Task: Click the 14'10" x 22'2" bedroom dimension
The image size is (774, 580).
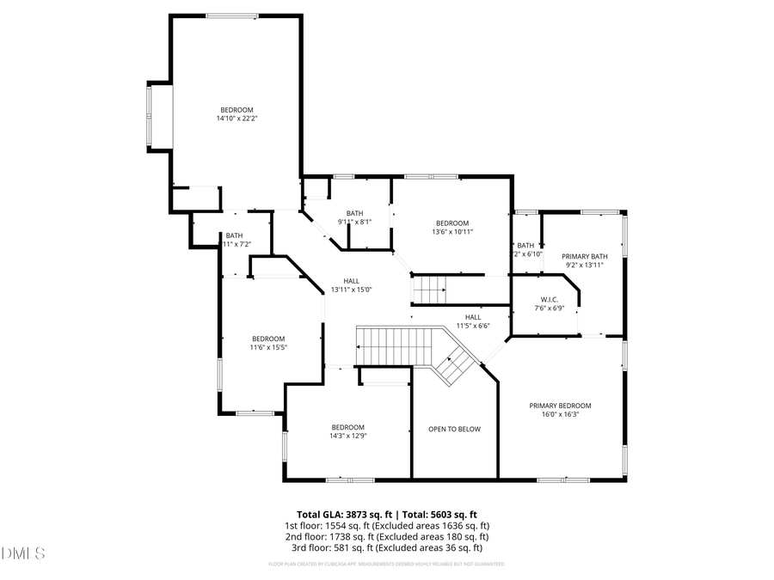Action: [x=236, y=119]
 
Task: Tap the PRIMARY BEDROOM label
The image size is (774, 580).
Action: [x=560, y=406]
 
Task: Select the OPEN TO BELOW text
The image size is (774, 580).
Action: [x=455, y=429]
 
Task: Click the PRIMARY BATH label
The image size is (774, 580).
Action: [x=585, y=256]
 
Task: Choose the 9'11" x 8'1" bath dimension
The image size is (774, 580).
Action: [x=354, y=222]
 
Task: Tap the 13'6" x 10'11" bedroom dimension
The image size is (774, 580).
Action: [x=452, y=231]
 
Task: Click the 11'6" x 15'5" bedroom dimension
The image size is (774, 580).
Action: [x=267, y=347]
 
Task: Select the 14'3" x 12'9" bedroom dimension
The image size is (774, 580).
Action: [x=348, y=436]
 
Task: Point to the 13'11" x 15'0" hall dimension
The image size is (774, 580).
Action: [x=351, y=290]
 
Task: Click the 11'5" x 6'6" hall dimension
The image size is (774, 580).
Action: [x=472, y=326]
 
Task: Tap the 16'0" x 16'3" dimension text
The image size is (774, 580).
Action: [x=560, y=414]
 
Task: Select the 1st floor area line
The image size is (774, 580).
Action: [x=387, y=525]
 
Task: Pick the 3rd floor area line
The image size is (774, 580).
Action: [x=387, y=547]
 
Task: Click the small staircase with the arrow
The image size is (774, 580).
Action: [x=429, y=290]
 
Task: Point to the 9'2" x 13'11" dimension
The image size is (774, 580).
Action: [x=585, y=265]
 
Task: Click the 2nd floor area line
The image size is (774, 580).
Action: [x=387, y=536]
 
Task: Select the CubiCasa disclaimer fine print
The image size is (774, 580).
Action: [x=387, y=565]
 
